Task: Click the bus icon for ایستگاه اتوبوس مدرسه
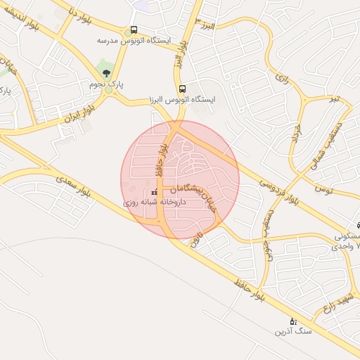pyautogui.click(x=134, y=30)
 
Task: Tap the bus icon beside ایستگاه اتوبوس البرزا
pyautogui.click(x=183, y=89)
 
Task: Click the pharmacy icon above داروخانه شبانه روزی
pyautogui.click(x=154, y=192)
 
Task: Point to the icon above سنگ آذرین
pyautogui.click(x=283, y=320)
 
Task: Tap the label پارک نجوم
pyautogui.click(x=106, y=84)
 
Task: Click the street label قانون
pyautogui.click(x=198, y=240)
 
